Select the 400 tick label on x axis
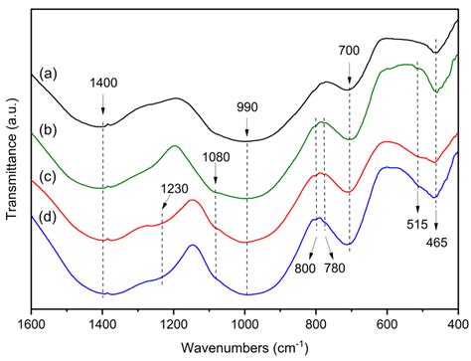[x=456, y=323]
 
